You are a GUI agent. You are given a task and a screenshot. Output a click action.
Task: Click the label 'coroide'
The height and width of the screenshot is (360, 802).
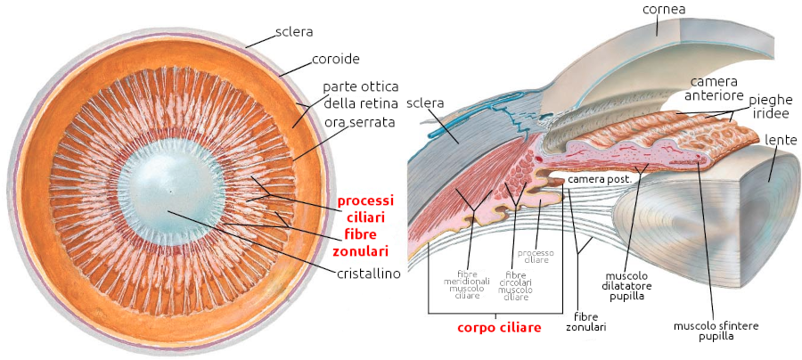pos(334,60)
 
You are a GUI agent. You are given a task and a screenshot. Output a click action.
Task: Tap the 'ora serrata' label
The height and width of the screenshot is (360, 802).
pos(359,121)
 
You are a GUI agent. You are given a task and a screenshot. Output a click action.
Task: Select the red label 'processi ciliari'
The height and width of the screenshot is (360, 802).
pos(365,209)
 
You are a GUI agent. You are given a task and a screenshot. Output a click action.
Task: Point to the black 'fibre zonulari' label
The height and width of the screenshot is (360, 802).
pos(585,321)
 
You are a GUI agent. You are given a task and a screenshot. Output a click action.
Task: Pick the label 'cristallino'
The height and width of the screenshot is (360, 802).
pos(368,274)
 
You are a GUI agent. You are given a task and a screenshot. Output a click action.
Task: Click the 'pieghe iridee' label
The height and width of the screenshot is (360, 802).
pos(771,104)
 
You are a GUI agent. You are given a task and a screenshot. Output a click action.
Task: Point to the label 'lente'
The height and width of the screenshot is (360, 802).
pos(781,140)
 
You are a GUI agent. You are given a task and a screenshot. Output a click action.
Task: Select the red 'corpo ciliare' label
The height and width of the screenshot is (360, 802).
pos(499,328)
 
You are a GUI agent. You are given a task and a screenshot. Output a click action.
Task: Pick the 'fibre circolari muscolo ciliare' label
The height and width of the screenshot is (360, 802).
pos(514,285)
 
